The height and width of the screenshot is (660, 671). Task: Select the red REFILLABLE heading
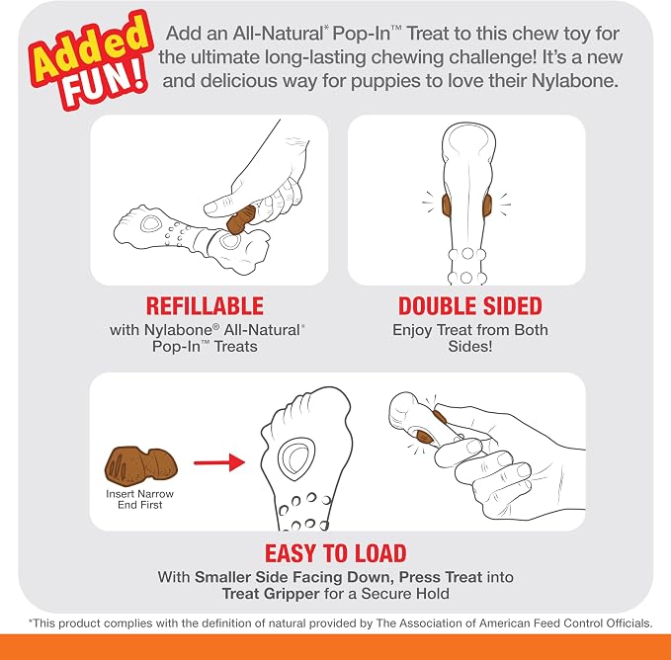point(205,306)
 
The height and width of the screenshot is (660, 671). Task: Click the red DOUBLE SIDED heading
point(469,306)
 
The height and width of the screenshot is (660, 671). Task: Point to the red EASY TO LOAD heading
point(336,553)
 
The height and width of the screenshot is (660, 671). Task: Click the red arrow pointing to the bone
point(219,462)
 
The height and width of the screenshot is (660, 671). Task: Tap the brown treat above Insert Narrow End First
point(140,465)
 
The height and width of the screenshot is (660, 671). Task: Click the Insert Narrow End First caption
point(140,499)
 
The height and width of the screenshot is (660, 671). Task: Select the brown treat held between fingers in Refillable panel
point(241,219)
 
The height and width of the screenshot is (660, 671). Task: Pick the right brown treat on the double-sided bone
point(487,206)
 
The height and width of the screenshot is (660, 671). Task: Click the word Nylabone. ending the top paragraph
point(575,81)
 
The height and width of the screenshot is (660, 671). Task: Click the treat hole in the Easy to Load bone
point(296,458)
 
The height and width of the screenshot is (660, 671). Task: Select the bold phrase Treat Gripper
point(271,594)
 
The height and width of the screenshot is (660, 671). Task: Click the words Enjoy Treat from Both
point(469,330)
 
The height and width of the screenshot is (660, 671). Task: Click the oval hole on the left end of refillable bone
point(151,223)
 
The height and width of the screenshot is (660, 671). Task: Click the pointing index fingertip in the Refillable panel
point(210,208)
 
